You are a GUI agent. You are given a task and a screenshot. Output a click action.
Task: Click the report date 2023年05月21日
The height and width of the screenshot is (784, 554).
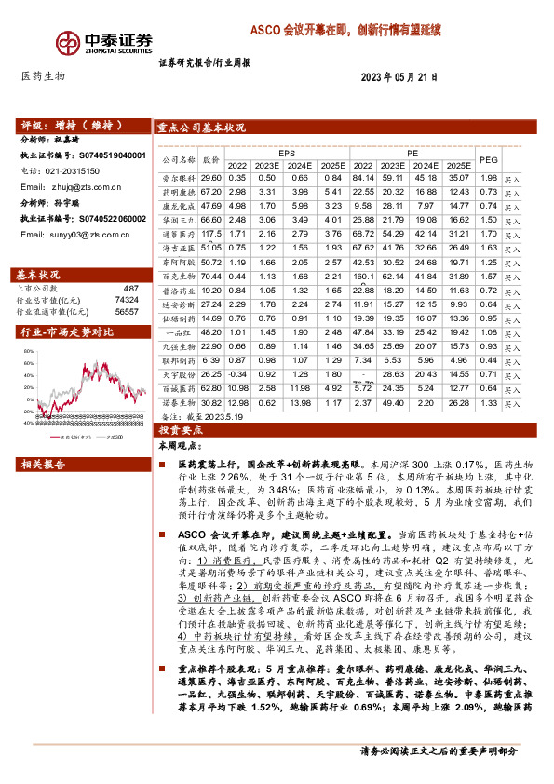[399, 77]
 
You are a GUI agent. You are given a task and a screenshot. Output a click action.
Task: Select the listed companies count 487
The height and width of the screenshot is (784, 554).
[130, 290]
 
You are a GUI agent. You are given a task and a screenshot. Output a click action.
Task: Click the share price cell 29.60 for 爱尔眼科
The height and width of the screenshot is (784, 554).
[210, 178]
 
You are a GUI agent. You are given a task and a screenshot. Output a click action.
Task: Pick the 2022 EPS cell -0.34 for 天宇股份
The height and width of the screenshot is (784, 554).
[236, 373]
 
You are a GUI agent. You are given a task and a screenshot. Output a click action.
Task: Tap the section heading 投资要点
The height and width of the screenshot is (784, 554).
[175, 431]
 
